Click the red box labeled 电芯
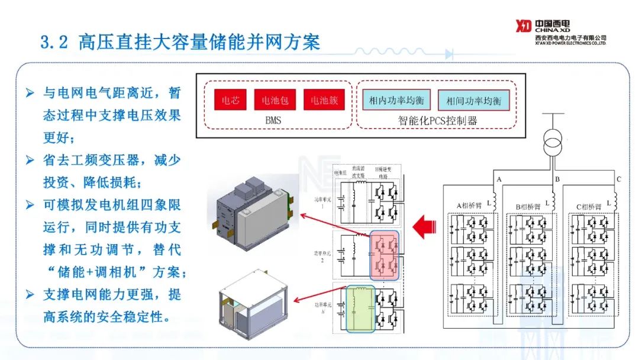coord(230,100)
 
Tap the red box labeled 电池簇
coord(324,100)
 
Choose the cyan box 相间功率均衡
coord(473,100)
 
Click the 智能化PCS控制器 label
coord(437,121)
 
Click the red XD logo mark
coord(523,27)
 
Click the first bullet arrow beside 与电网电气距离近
coord(31,94)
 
